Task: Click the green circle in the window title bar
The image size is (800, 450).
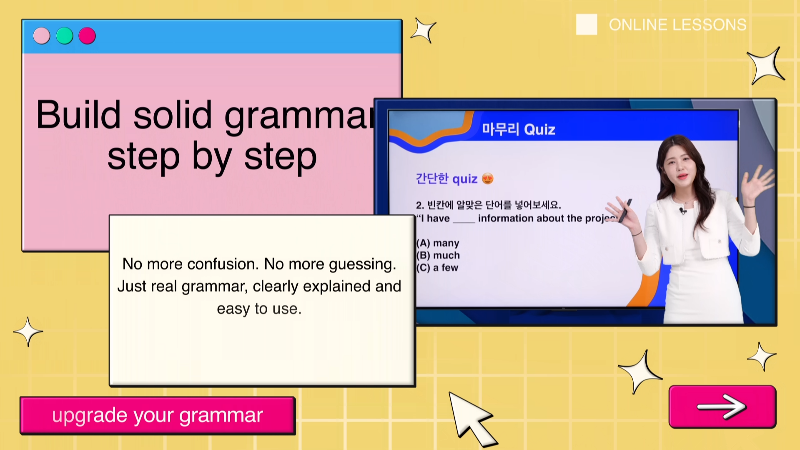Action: tap(65, 36)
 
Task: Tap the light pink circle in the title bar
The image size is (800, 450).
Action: tap(42, 36)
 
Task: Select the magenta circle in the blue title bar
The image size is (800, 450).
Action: tap(87, 36)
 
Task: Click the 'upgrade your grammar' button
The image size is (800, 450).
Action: tap(158, 415)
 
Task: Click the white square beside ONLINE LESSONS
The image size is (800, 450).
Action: tap(586, 25)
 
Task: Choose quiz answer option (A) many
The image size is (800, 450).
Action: tap(438, 243)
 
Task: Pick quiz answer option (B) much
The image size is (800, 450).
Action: tap(438, 255)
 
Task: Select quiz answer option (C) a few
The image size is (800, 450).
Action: tap(437, 268)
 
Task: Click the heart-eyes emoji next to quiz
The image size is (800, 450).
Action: tap(487, 179)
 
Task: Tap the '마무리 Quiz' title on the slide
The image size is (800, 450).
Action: tap(519, 130)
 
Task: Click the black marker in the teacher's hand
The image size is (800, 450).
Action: tap(624, 211)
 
